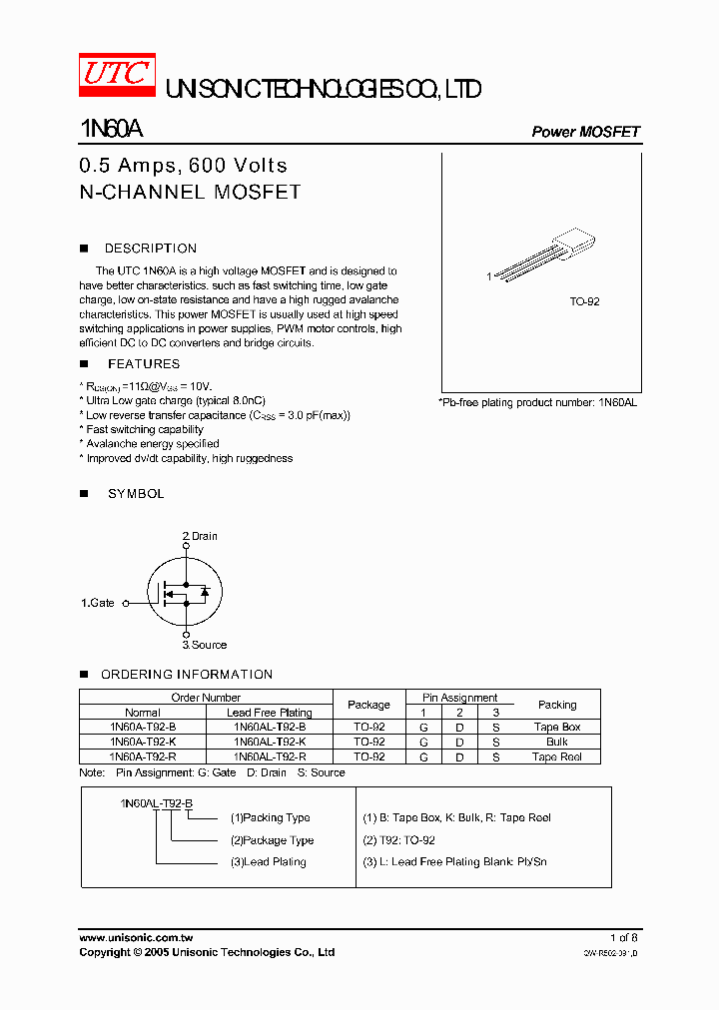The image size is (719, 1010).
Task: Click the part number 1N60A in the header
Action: [110, 130]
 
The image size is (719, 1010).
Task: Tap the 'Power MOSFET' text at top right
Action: [584, 132]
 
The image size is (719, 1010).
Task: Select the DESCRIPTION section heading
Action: [150, 249]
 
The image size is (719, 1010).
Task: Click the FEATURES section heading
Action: [144, 364]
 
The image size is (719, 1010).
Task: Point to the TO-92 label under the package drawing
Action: [584, 300]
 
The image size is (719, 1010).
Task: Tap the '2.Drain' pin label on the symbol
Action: [200, 536]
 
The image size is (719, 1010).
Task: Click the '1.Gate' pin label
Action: [98, 603]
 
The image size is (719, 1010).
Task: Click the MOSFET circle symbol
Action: [185, 591]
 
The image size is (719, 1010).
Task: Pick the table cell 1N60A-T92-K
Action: [143, 742]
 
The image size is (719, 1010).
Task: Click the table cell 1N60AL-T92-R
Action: [269, 757]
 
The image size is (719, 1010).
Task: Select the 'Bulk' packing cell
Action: [556, 742]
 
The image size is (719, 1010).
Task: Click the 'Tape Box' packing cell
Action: [556, 728]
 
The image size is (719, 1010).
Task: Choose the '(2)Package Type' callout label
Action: [272, 840]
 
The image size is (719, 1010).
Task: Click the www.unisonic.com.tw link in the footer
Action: [136, 938]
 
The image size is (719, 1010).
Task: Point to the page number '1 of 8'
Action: [623, 938]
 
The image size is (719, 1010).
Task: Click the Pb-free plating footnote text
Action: [537, 401]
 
